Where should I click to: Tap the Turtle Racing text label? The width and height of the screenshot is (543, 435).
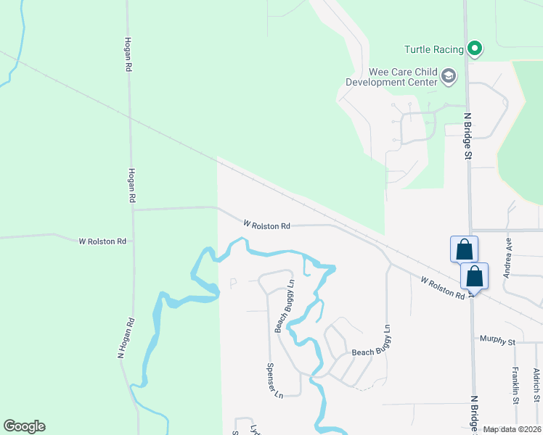click(433, 49)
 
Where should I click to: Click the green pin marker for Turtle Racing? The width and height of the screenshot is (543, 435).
click(475, 49)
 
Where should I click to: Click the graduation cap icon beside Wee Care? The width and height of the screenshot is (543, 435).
click(449, 75)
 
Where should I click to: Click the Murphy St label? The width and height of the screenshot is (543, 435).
click(497, 340)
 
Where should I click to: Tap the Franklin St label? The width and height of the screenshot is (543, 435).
click(514, 386)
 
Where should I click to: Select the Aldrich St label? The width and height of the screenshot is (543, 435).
click(536, 385)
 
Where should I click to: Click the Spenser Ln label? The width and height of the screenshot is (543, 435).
click(273, 381)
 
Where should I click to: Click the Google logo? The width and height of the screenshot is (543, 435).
click(24, 426)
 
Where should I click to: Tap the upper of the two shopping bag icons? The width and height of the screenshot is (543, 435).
click(464, 250)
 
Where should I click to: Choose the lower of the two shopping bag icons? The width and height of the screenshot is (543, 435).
click(474, 275)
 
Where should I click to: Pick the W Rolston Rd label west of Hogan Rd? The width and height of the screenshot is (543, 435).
click(102, 241)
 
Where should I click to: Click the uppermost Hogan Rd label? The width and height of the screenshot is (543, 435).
click(128, 54)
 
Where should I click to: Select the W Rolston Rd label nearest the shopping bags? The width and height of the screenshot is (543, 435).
click(442, 286)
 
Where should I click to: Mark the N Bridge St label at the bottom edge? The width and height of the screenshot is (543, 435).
click(474, 413)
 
